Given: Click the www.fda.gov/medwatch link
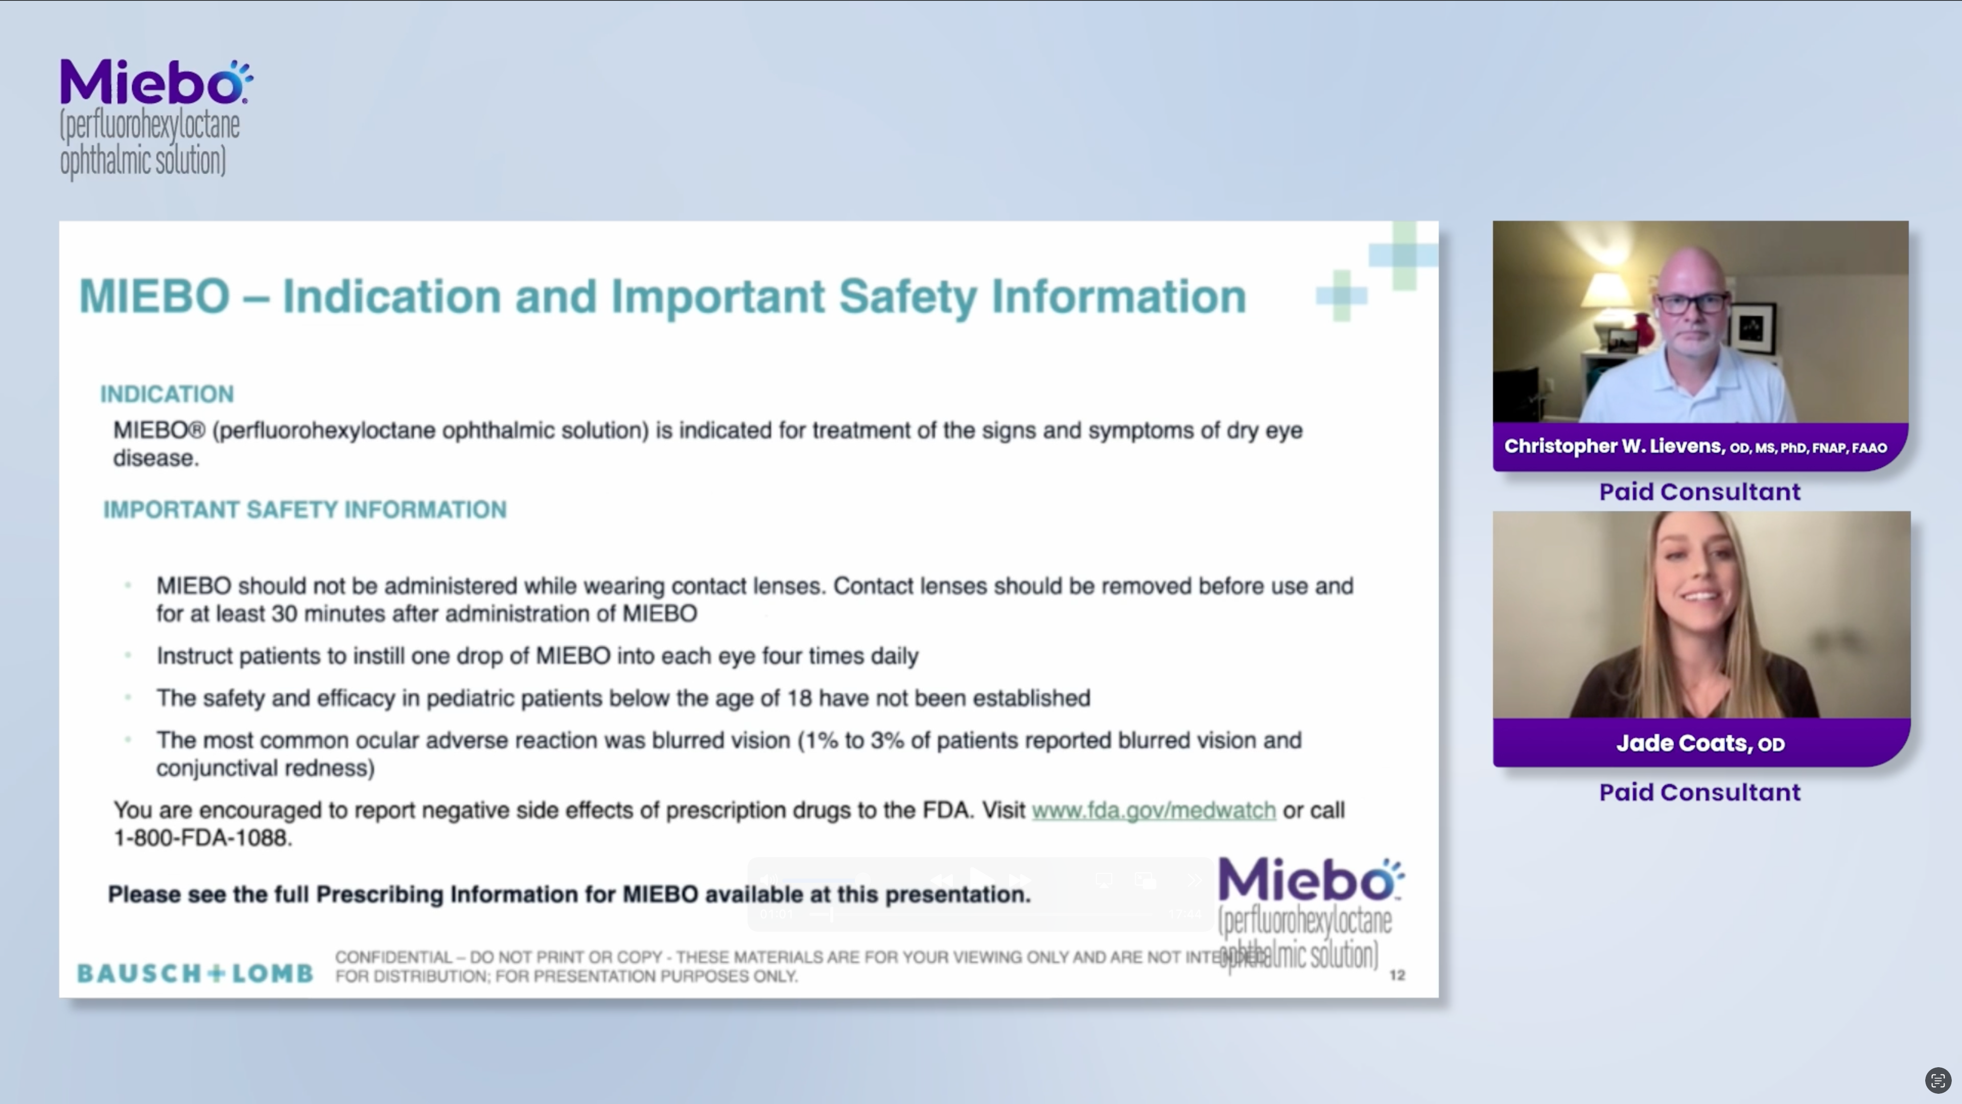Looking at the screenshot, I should point(1153,810).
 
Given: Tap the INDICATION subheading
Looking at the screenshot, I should point(167,394).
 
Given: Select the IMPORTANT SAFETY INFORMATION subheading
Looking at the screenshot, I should point(305,510).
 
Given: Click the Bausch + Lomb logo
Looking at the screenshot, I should point(195,973).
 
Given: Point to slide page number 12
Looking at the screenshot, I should point(1397,975).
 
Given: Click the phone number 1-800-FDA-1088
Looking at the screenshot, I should point(202,838).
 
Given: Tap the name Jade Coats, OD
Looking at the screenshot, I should point(1700,743).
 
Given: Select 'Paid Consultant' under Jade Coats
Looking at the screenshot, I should point(1699,792).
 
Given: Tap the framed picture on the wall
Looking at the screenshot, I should point(1754,328).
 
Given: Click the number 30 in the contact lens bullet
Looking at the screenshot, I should point(284,614).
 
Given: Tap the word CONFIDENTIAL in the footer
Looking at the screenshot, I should point(393,957).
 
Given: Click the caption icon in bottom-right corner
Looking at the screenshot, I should point(1937,1080).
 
